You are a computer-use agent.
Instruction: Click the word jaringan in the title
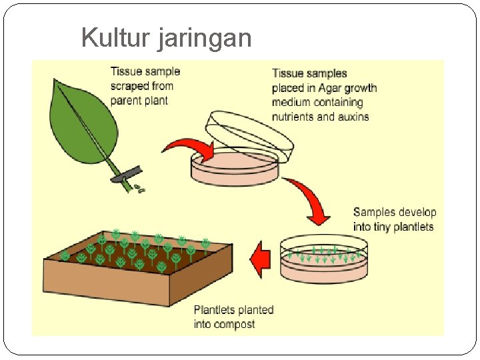pyautogui.click(x=205, y=39)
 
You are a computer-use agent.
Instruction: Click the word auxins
pyautogui.click(x=353, y=117)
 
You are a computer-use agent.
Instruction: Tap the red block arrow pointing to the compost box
pyautogui.click(x=261, y=259)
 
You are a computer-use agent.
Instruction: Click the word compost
pyautogui.click(x=234, y=325)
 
